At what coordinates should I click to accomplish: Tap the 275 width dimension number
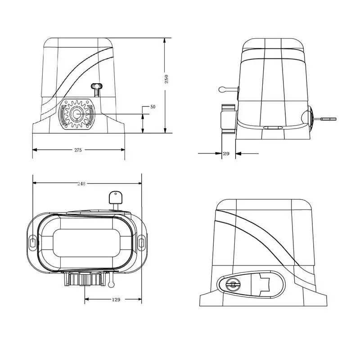(78, 150)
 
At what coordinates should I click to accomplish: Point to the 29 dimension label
(226, 154)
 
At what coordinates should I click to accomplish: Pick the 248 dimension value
(81, 184)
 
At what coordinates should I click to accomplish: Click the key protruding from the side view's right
(328, 119)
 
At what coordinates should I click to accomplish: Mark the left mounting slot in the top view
(33, 243)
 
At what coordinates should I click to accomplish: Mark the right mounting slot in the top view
(141, 243)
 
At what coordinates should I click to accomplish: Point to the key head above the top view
(115, 197)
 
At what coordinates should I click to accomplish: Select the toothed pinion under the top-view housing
(84, 279)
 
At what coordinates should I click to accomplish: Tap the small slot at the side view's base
(273, 128)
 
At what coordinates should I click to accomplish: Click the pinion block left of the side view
(228, 118)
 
